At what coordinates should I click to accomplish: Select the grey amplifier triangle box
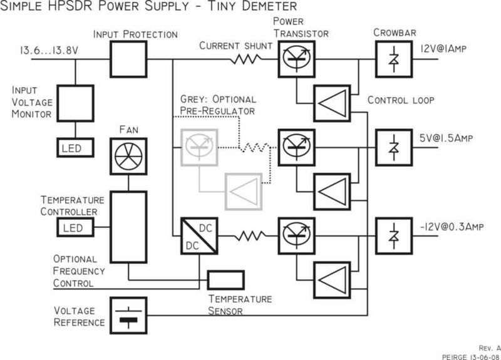tap(244, 189)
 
